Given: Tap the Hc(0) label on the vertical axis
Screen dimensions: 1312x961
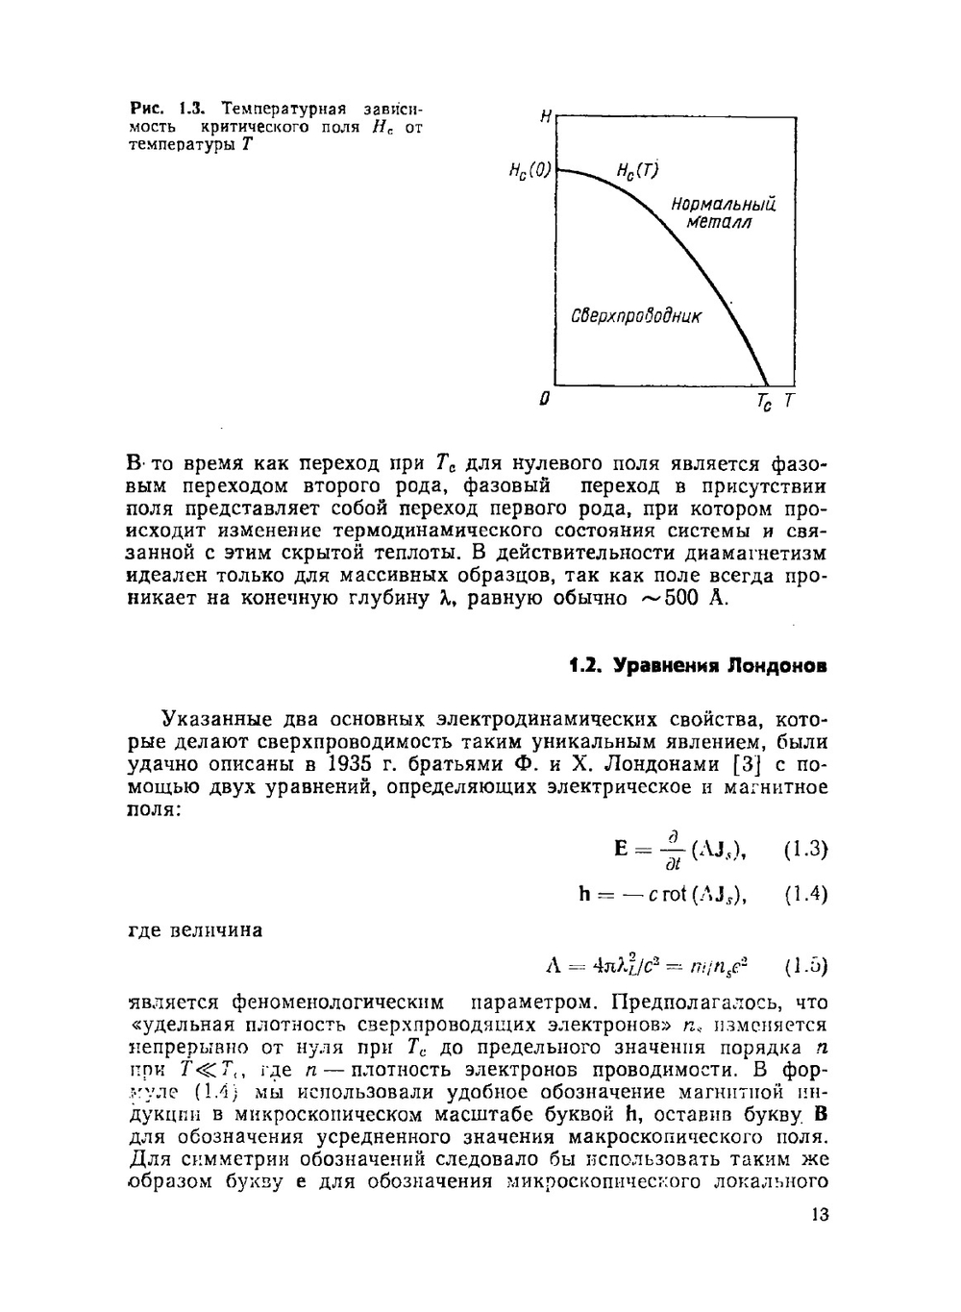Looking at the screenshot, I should click(x=530, y=172).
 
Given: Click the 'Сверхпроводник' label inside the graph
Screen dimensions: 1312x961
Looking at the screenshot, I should click(x=636, y=316).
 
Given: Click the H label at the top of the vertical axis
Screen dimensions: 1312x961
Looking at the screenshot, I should click(x=546, y=117).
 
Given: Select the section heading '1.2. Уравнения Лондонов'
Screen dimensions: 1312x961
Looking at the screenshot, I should click(x=697, y=666).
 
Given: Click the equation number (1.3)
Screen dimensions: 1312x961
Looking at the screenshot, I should click(x=805, y=850).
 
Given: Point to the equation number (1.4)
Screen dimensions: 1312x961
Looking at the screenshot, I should click(x=805, y=894).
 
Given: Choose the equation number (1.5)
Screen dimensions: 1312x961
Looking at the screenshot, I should click(x=805, y=965).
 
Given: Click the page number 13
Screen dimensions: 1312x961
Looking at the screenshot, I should click(x=819, y=1215).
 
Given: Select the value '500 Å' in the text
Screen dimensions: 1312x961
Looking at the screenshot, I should click(x=695, y=599).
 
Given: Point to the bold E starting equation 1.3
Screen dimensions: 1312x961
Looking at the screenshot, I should click(x=622, y=849).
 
